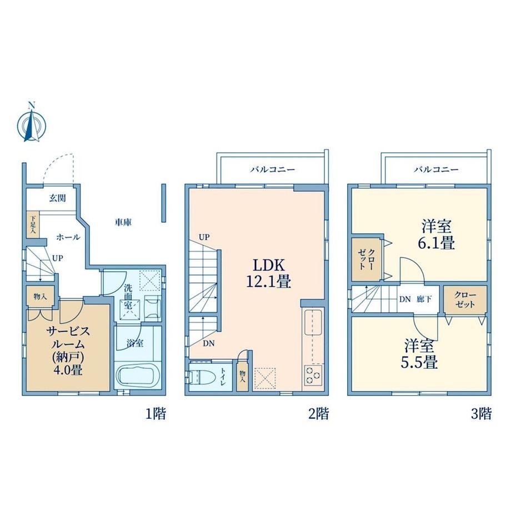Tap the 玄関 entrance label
click(x=58, y=198)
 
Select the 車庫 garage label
click(x=123, y=223)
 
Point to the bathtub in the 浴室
click(x=137, y=377)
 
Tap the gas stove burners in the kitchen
click(x=313, y=375)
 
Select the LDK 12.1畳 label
click(x=269, y=273)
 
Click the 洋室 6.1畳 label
click(x=437, y=234)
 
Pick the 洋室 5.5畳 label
click(x=419, y=354)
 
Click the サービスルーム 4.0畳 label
click(x=68, y=351)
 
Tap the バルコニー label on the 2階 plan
click(x=273, y=169)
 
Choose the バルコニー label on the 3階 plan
click(x=437, y=169)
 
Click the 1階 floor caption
click(x=156, y=414)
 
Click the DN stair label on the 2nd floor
click(x=209, y=343)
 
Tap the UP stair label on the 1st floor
click(x=57, y=258)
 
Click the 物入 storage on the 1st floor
click(x=41, y=297)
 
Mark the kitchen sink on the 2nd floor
click(x=313, y=322)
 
